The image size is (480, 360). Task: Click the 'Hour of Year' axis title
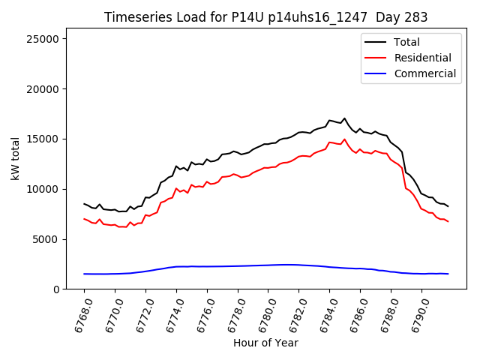265,343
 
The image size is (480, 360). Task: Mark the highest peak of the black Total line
345,118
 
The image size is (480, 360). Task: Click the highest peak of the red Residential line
345,139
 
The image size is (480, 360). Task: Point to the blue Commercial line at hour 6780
268,265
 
